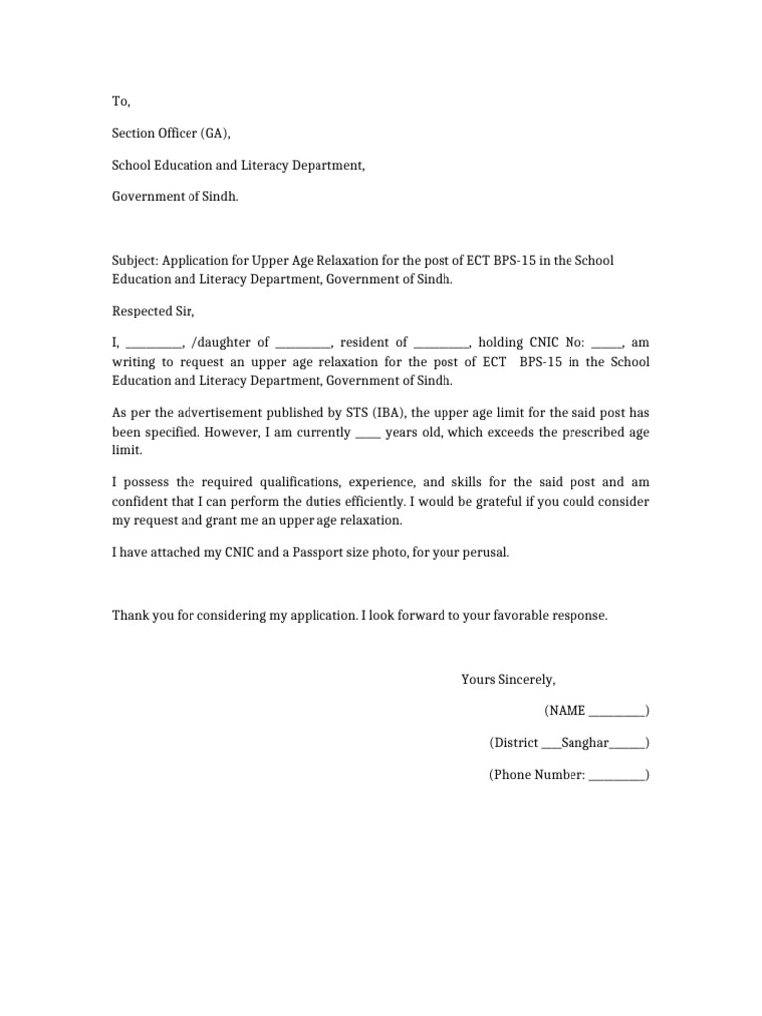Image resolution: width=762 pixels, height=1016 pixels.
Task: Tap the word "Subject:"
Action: [x=135, y=261]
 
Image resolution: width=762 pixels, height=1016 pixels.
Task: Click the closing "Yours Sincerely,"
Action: [x=508, y=680]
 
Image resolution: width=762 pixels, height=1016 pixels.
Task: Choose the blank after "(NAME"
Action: [x=616, y=712]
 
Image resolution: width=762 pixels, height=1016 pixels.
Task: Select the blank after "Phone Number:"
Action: [x=616, y=776]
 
